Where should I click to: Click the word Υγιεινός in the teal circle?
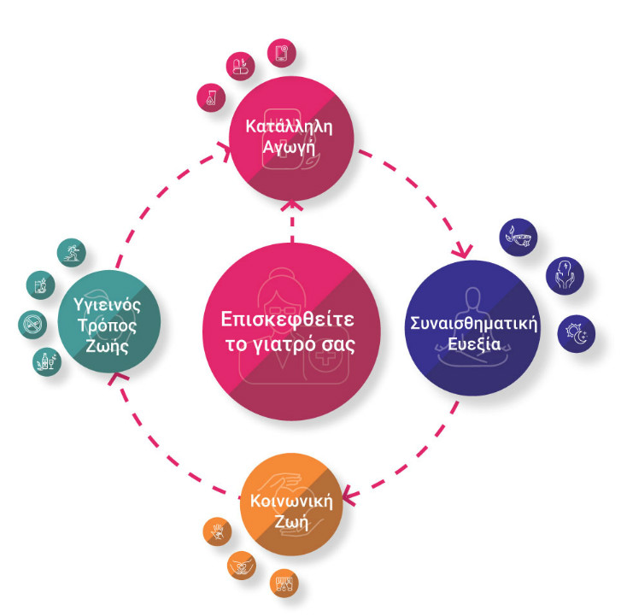107,304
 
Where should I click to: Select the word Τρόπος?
107,329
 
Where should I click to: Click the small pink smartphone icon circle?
281,52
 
